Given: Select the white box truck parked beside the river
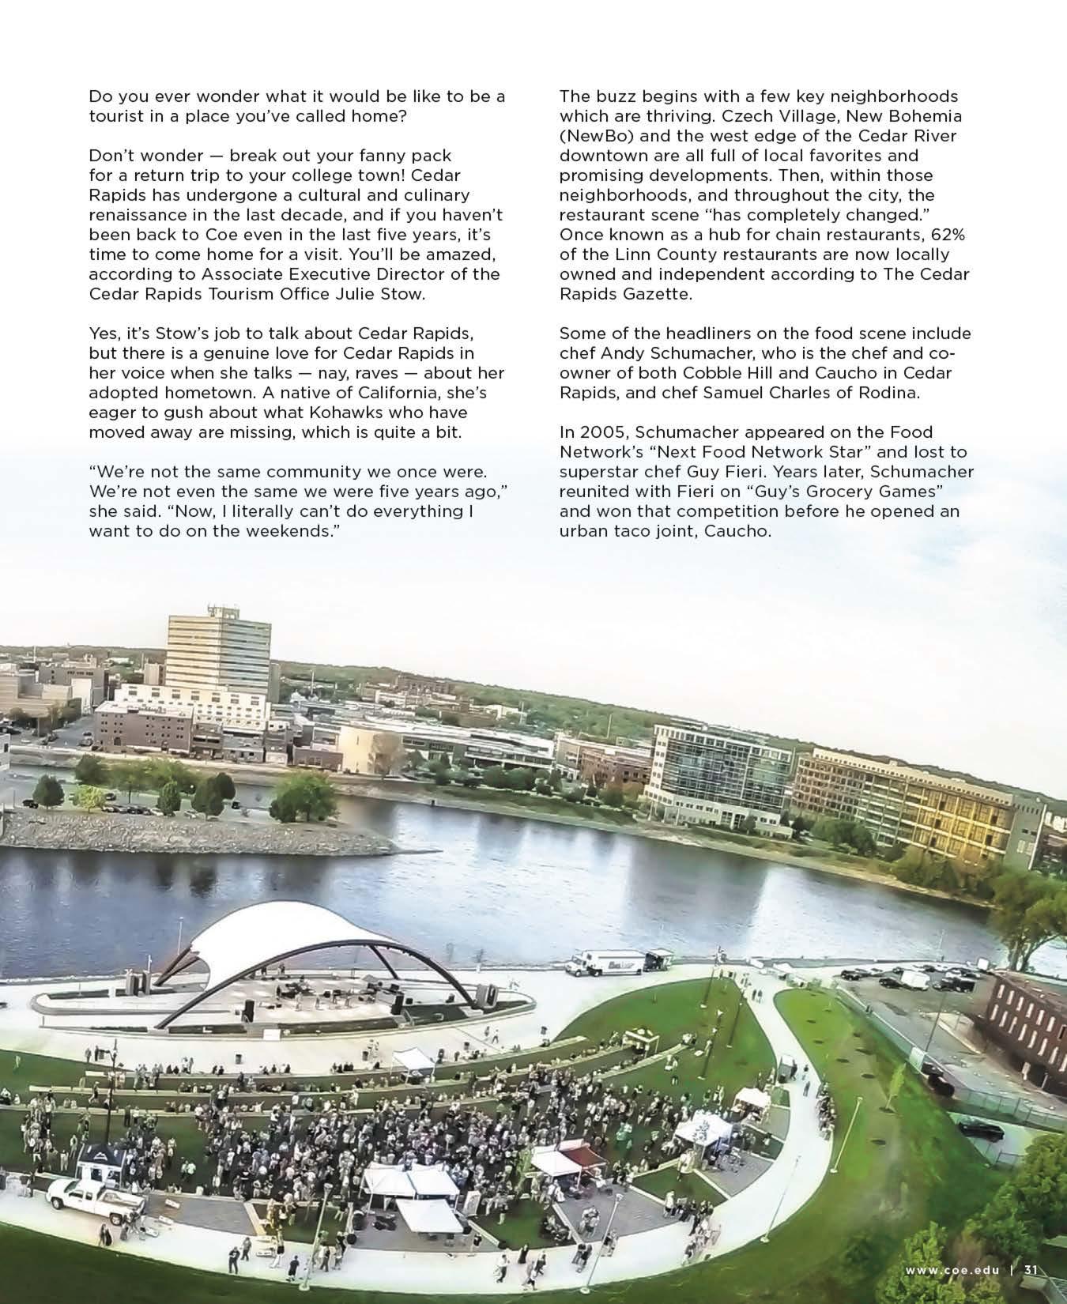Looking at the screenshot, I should coord(609,962).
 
